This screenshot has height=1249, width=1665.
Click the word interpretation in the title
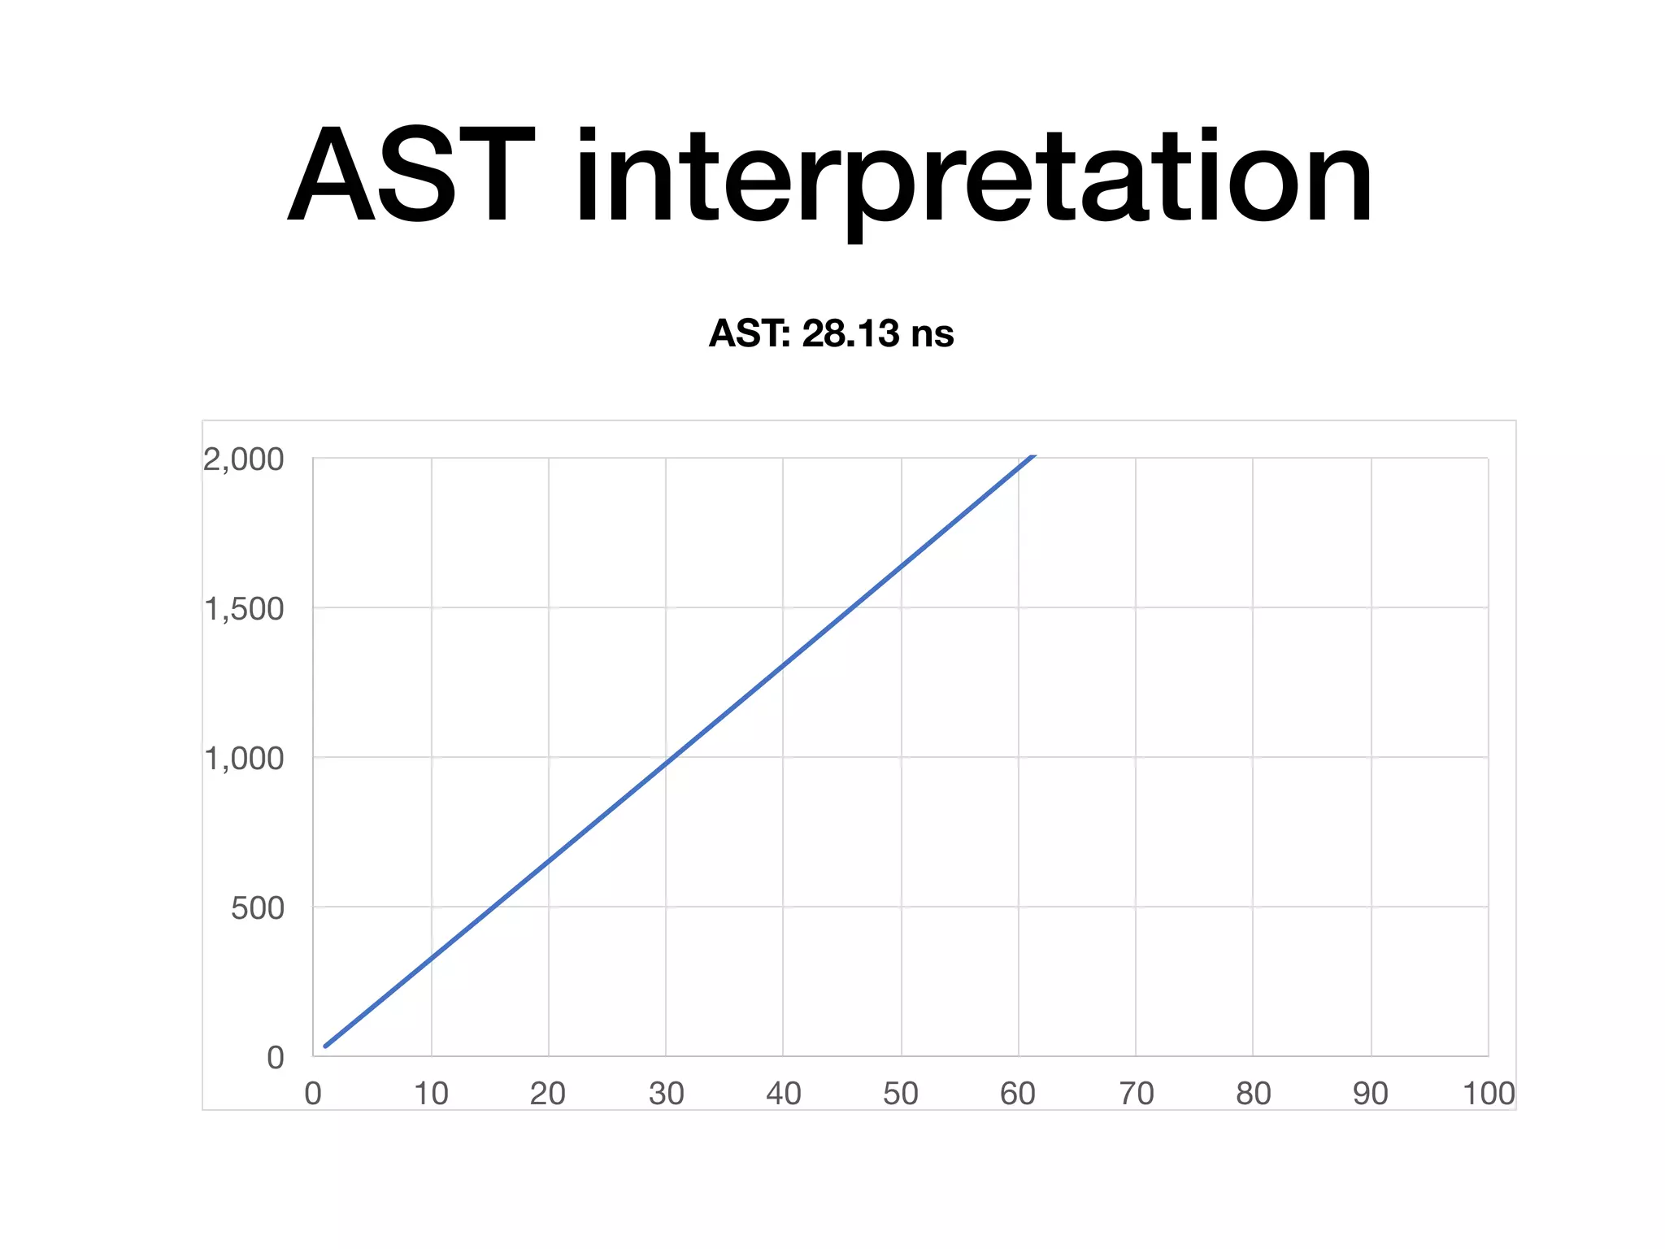[973, 177]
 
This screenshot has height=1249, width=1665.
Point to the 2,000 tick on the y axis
[244, 459]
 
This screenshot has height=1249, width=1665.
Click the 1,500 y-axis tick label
[244, 609]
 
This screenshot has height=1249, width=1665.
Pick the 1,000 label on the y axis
[244, 759]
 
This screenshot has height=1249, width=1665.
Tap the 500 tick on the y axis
[257, 908]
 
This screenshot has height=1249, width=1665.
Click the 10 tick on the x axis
[431, 1094]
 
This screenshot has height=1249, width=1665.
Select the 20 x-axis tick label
[548, 1094]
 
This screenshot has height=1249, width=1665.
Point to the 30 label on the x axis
[666, 1094]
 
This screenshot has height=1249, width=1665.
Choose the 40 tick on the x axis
[784, 1094]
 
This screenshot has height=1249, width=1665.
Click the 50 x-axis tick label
[901, 1094]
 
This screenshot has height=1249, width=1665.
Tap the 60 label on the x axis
[1018, 1094]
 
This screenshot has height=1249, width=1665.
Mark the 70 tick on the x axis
[1136, 1094]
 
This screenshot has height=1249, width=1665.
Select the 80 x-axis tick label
[1253, 1094]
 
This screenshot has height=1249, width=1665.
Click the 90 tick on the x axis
[1371, 1094]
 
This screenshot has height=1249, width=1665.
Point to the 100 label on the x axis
[1488, 1094]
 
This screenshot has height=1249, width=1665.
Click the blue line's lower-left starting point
[325, 1047]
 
